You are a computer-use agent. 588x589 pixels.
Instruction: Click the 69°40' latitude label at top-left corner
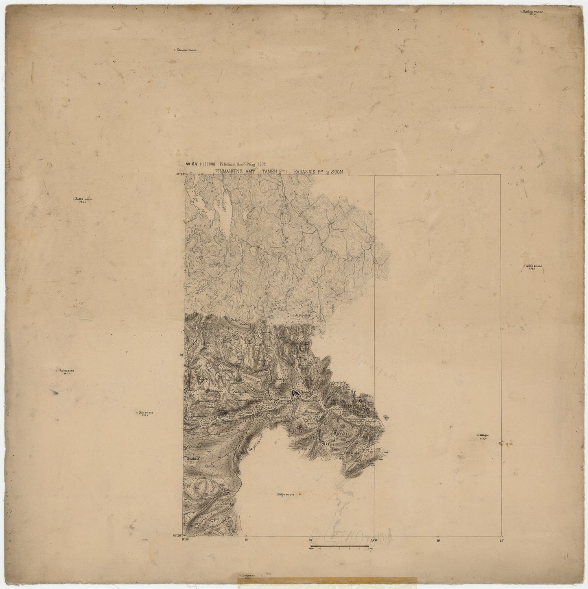click(x=179, y=174)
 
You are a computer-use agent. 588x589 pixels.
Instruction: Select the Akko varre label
click(x=533, y=266)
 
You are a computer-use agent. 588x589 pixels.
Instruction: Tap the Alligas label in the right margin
click(x=483, y=435)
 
